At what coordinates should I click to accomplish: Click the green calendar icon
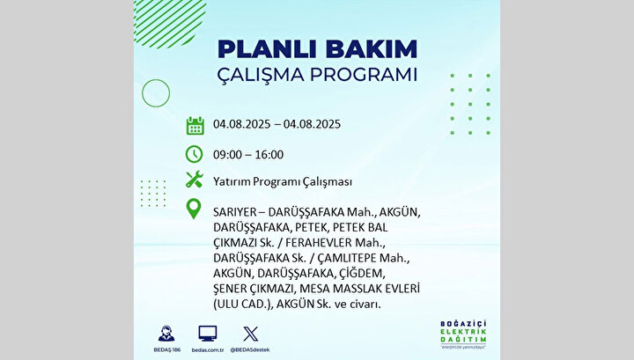pyautogui.click(x=195, y=126)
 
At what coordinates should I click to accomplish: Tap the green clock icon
pyautogui.click(x=194, y=154)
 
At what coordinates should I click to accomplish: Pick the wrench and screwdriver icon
pyautogui.click(x=194, y=179)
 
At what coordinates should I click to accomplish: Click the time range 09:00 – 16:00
pyautogui.click(x=248, y=155)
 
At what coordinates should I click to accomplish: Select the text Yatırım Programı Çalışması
pyautogui.click(x=283, y=182)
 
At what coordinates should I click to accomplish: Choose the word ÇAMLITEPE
pyautogui.click(x=347, y=258)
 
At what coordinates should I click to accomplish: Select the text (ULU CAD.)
pyautogui.click(x=243, y=305)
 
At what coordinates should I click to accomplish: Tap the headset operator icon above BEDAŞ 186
pyautogui.click(x=166, y=334)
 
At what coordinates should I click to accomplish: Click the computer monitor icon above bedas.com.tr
pyautogui.click(x=208, y=334)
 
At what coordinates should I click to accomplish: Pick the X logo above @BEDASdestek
pyautogui.click(x=251, y=334)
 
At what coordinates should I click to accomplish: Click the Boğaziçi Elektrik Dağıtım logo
pyautogui.click(x=463, y=334)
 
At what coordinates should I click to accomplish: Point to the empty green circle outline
pyautogui.click(x=143, y=93)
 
